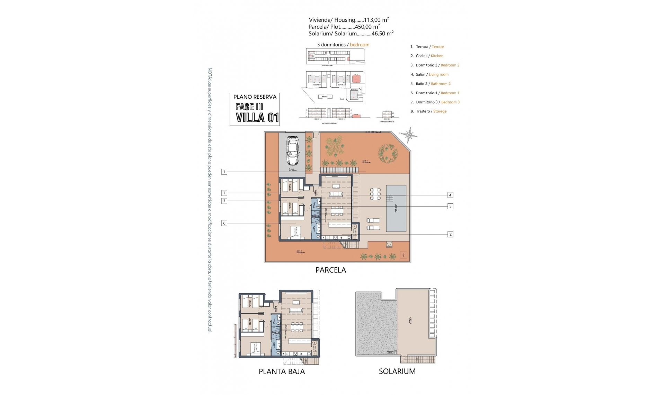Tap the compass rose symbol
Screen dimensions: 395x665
[x=410, y=134]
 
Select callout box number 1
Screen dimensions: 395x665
[x=224, y=172]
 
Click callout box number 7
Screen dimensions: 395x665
[x=224, y=193]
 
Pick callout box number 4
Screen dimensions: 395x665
[x=450, y=195]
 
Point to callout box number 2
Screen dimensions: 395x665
[x=450, y=235]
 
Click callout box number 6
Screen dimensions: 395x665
[x=224, y=223]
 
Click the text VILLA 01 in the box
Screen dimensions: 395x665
[x=257, y=118]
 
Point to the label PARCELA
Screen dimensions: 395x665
[x=330, y=270]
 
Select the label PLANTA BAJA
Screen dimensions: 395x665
[x=282, y=371]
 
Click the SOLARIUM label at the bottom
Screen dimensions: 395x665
[x=397, y=371]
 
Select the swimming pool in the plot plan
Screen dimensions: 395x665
[x=397, y=208]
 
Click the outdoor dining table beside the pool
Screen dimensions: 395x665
[x=375, y=194]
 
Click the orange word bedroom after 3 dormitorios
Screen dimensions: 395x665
[x=360, y=45]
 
